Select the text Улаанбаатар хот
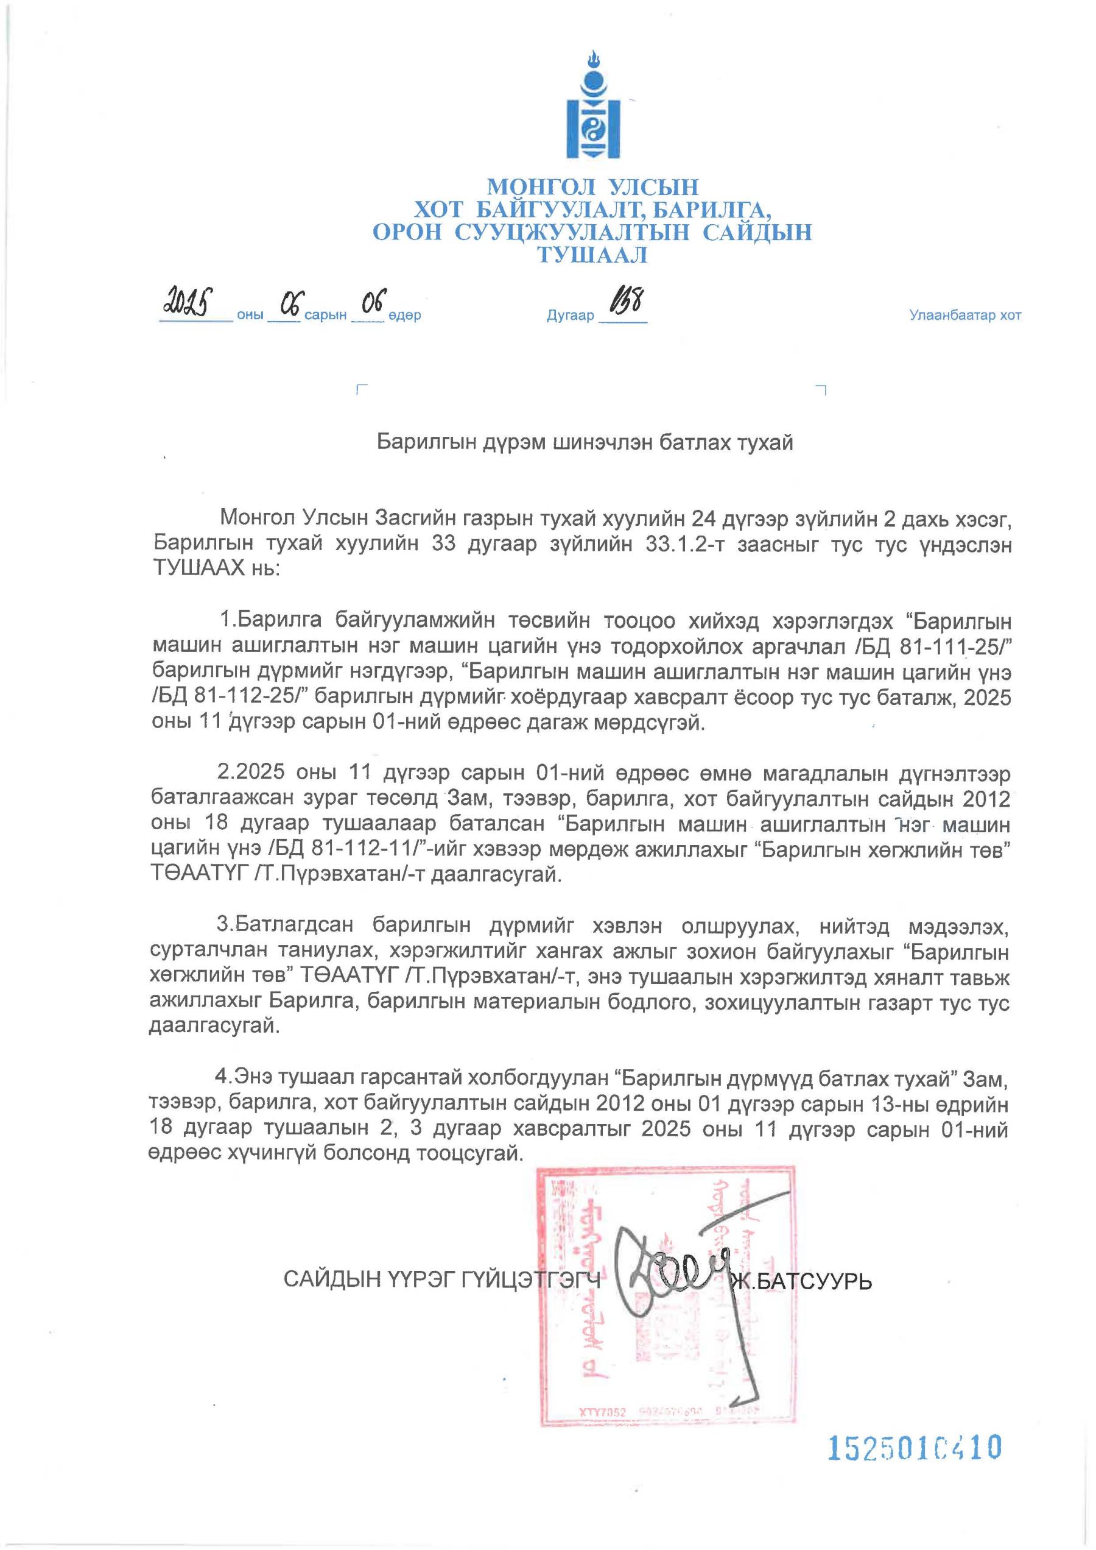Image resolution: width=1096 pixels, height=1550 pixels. click(964, 316)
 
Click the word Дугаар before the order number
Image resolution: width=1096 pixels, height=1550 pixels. click(569, 316)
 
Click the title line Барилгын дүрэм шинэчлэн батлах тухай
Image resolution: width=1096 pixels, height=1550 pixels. click(585, 443)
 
